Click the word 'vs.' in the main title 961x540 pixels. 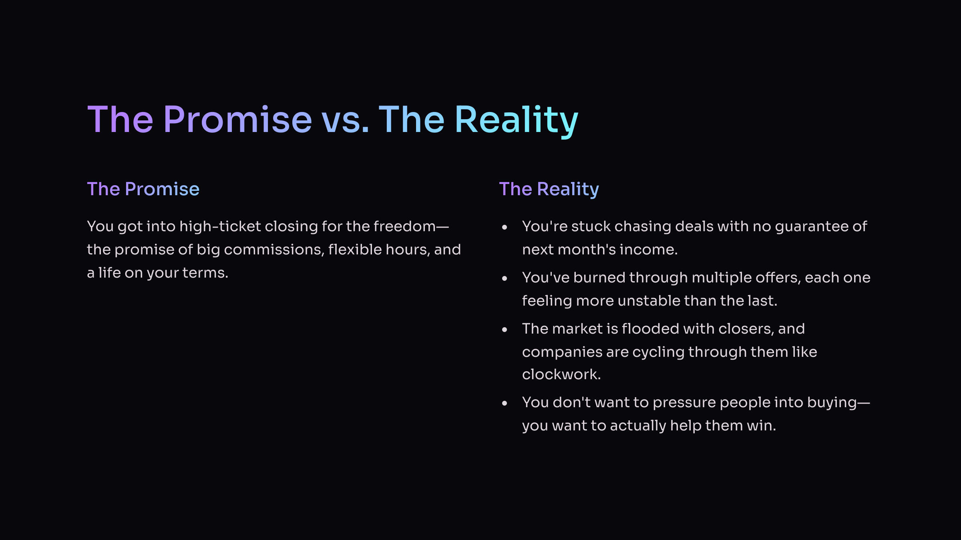coord(345,120)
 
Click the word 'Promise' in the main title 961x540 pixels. coord(237,119)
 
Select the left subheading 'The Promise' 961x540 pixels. coord(143,189)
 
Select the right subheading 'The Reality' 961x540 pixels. coord(549,190)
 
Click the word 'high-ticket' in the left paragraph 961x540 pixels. coord(220,227)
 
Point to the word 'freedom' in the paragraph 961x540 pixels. coord(405,226)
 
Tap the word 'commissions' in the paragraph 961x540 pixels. coord(272,250)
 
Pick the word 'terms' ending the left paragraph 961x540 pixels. coord(203,273)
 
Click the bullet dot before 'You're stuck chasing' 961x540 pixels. coord(505,227)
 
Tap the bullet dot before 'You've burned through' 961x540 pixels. coord(505,278)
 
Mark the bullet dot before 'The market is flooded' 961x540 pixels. coord(505,330)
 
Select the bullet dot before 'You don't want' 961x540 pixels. coord(505,403)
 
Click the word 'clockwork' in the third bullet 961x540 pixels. coord(559,374)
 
